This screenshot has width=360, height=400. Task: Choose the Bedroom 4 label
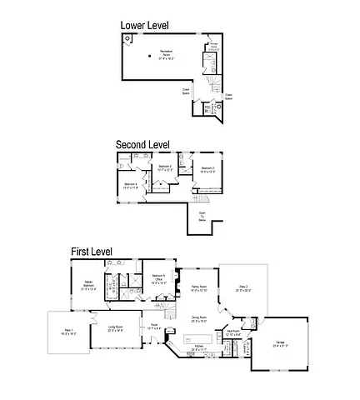132,185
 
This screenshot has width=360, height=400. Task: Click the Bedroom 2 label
207,170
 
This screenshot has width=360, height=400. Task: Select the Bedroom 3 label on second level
165,168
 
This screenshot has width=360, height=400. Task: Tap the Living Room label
115,328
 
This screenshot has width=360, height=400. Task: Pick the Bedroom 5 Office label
158,281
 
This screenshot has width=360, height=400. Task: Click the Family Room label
198,288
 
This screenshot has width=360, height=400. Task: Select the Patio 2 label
243,288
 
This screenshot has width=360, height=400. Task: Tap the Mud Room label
233,333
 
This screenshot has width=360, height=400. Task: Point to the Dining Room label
199,318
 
